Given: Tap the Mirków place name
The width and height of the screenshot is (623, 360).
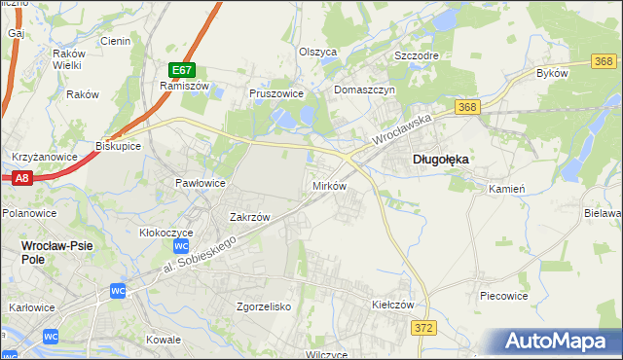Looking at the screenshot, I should [x=328, y=185].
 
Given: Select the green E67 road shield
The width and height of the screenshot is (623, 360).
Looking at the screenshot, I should [x=182, y=70].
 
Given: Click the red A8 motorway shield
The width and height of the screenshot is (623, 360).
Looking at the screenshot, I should [x=22, y=177].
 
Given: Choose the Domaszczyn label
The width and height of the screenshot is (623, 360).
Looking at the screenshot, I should [x=363, y=90].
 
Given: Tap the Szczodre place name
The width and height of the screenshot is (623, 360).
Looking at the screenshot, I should [x=416, y=55].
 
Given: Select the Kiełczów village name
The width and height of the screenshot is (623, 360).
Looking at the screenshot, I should [x=393, y=304].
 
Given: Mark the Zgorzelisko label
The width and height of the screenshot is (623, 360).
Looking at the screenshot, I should [x=264, y=306].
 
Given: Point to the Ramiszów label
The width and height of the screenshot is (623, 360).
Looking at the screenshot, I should [x=179, y=86].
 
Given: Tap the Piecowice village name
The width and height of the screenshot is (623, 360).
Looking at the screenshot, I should [x=504, y=294].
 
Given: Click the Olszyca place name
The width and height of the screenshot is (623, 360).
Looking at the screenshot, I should [x=317, y=52].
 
